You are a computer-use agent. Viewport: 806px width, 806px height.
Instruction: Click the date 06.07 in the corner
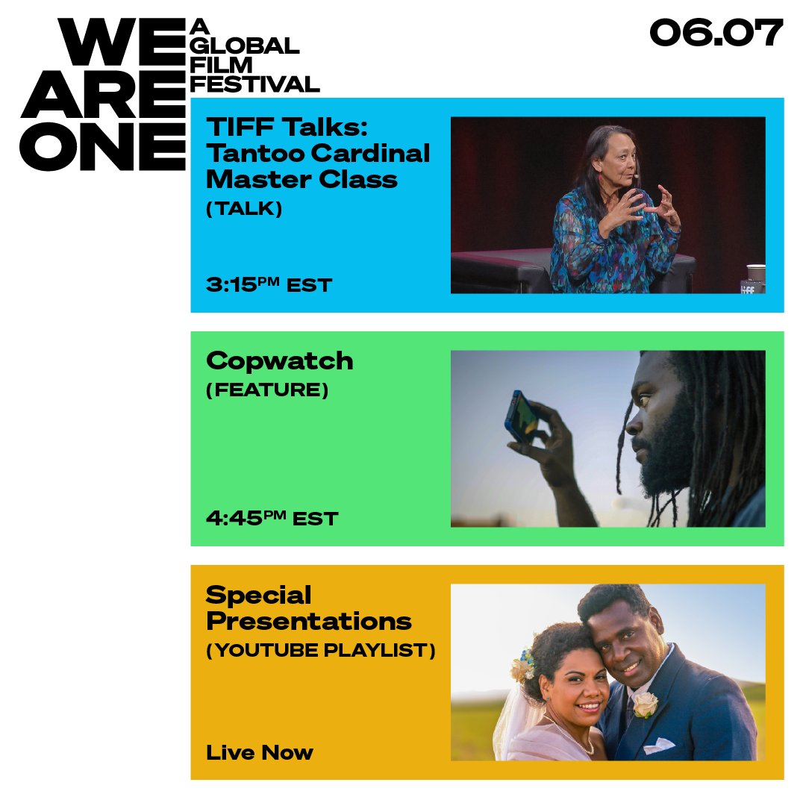pyautogui.click(x=716, y=32)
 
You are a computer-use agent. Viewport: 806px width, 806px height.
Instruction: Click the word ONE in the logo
pyautogui.click(x=102, y=146)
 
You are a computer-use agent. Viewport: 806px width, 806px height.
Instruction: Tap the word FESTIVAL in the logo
pyautogui.click(x=255, y=84)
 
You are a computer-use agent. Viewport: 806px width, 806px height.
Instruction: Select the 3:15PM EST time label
pyautogui.click(x=269, y=284)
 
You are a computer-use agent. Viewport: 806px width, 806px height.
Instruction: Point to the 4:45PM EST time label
pyautogui.click(x=272, y=518)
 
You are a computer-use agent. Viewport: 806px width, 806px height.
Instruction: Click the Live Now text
pyautogui.click(x=260, y=752)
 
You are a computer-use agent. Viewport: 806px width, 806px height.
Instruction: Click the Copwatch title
pyautogui.click(x=280, y=362)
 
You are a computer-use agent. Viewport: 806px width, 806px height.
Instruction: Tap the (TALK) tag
pyautogui.click(x=244, y=208)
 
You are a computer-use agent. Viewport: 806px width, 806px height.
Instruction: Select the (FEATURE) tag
pyautogui.click(x=266, y=390)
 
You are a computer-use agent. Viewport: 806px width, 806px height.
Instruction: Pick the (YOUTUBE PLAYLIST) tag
pyautogui.click(x=321, y=650)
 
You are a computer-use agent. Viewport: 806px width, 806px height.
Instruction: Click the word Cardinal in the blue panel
pyautogui.click(x=370, y=153)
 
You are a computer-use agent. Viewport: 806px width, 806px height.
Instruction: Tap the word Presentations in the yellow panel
pyautogui.click(x=309, y=622)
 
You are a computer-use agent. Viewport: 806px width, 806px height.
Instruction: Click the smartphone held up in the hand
pyautogui.click(x=521, y=417)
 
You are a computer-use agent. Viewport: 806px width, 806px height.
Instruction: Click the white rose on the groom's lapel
pyautogui.click(x=645, y=704)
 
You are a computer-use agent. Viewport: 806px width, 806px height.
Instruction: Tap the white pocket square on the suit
pyautogui.click(x=658, y=745)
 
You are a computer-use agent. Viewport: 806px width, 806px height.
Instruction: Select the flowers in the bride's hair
pyautogui.click(x=523, y=665)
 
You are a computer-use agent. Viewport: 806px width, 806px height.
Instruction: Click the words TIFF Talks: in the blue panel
pyautogui.click(x=287, y=126)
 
